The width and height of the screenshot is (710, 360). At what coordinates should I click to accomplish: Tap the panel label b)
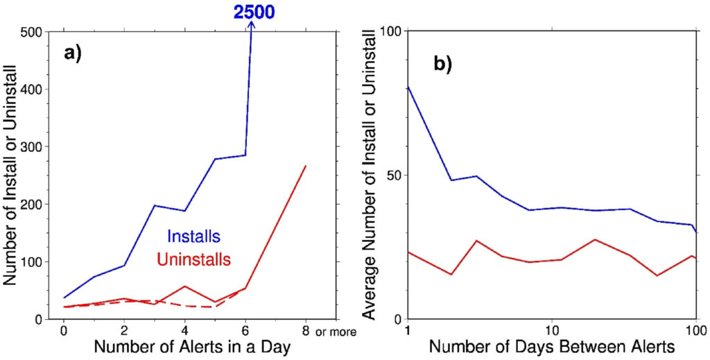point(442,64)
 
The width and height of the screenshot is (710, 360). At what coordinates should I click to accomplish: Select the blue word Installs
point(189,236)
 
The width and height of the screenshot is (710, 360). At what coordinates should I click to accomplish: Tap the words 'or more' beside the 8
point(336,332)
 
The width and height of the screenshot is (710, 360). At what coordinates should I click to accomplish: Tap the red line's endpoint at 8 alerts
point(305,166)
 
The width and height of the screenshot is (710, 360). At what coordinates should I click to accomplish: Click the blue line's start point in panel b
point(408,87)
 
